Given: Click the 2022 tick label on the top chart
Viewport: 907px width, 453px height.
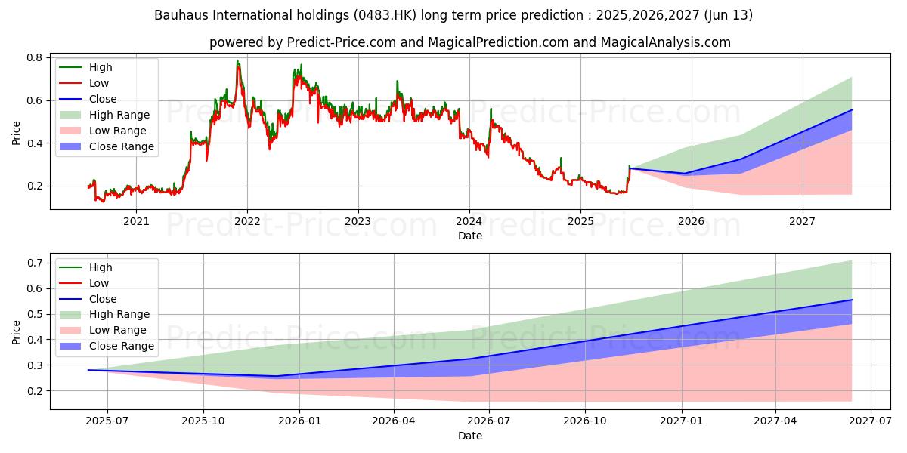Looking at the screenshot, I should click(247, 221).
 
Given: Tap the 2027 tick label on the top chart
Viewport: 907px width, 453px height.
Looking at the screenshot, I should click(802, 221).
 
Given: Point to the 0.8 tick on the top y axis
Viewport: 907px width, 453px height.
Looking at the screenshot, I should click(35, 57).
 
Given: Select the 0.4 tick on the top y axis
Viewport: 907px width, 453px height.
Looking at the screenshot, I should click(35, 143).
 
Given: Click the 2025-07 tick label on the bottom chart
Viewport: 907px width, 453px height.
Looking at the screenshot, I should click(107, 421).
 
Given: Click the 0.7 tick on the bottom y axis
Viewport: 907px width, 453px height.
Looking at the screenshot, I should click(35, 263).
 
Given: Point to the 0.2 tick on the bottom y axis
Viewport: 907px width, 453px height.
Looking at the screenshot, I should click(35, 391).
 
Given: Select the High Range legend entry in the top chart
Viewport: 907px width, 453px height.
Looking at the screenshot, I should click(119, 115).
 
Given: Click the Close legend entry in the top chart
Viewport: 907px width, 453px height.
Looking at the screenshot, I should click(103, 99).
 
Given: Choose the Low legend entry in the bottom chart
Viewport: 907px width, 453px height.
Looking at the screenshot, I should click(99, 283).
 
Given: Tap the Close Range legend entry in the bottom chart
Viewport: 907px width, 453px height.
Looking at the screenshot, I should click(121, 346).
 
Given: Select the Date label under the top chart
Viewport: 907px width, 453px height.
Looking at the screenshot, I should click(469, 236).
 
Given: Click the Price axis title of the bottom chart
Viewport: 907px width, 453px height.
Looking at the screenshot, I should click(17, 331).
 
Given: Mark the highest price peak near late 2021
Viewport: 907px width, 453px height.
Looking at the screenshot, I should click(237, 60).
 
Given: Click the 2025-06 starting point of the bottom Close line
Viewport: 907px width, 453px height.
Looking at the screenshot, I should click(88, 370).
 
